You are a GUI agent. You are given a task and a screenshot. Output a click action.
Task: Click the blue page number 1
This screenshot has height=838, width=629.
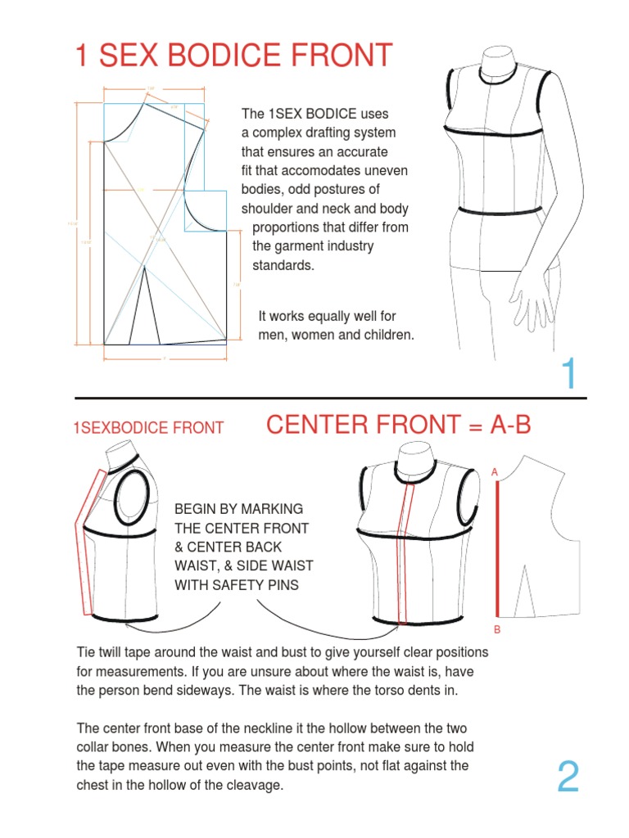point(569,375)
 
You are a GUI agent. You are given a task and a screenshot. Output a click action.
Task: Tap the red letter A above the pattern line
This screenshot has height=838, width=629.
point(495,473)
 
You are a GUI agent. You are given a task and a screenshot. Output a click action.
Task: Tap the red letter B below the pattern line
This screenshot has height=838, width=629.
point(496,629)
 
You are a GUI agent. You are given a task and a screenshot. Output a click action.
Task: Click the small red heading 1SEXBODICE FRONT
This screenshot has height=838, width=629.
point(148,428)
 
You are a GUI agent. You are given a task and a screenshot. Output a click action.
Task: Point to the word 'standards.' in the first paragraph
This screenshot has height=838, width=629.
point(283,265)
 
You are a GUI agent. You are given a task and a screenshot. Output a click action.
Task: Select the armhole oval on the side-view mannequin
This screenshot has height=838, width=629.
point(133,499)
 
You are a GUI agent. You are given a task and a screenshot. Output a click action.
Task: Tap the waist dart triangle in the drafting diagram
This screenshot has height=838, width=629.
point(144,307)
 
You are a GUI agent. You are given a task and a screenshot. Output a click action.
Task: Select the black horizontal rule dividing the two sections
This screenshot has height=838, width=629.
point(331,399)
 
